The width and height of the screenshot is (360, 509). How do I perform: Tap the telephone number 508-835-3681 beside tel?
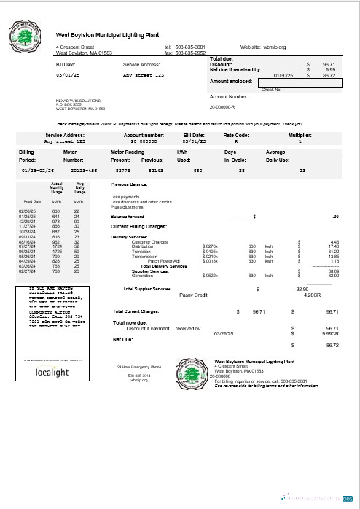click(190, 47)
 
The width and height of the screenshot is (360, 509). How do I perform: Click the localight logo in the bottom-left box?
click(52, 372)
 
